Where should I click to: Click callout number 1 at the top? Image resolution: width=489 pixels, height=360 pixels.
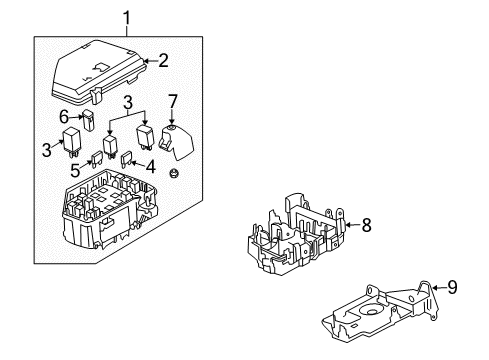click(127, 17)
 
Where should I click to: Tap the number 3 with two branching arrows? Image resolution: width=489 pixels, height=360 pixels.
click(129, 104)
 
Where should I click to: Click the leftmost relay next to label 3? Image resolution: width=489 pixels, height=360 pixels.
click(71, 143)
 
